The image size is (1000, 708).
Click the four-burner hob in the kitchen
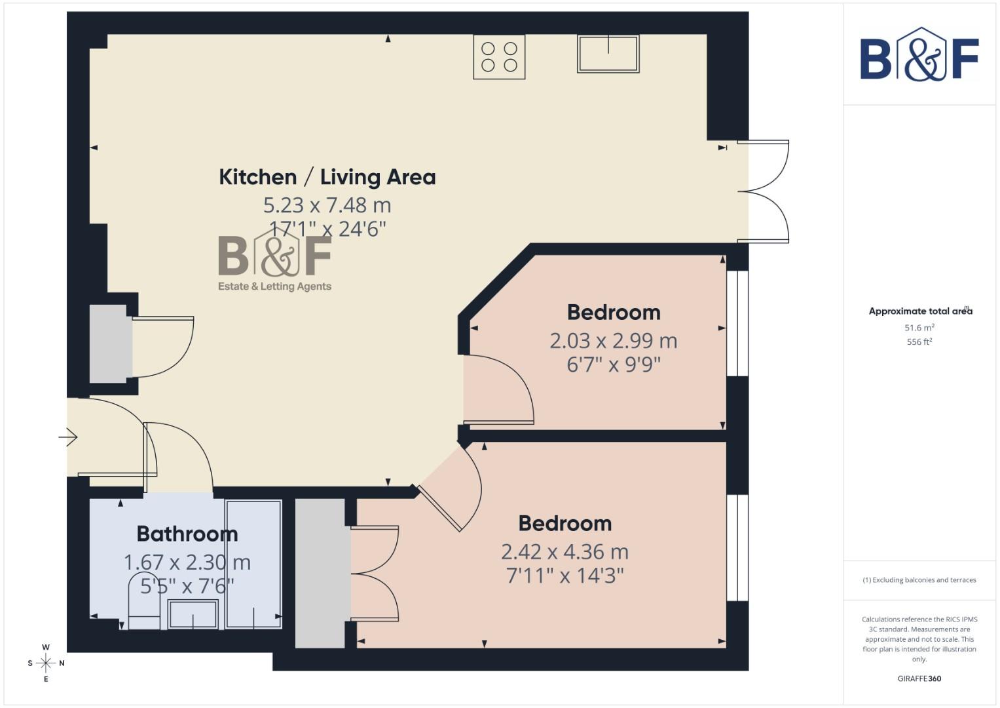pos(499,57)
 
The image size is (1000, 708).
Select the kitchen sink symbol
pos(608,53)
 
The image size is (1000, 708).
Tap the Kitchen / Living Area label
pos(327,177)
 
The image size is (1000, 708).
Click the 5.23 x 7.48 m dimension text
pos(327,205)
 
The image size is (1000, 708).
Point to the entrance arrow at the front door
pos(68,437)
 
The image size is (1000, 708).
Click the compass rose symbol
pos(46,663)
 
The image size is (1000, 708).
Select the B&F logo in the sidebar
pos(919,56)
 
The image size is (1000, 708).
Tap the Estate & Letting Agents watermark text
pos(274,286)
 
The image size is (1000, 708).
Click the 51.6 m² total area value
pos(919,328)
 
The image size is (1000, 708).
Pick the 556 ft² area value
pos(919,342)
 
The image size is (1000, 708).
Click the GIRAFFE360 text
pos(919,678)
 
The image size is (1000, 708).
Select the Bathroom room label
pos(187,534)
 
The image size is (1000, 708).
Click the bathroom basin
pos(193,614)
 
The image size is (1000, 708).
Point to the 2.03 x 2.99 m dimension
pos(613,341)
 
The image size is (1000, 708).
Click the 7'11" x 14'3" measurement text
pos(565,576)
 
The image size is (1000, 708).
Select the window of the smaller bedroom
pos(737,323)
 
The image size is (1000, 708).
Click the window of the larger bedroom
pos(737,547)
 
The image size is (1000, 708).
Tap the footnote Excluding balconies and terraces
pos(919,580)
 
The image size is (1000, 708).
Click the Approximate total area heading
pos(919,311)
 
